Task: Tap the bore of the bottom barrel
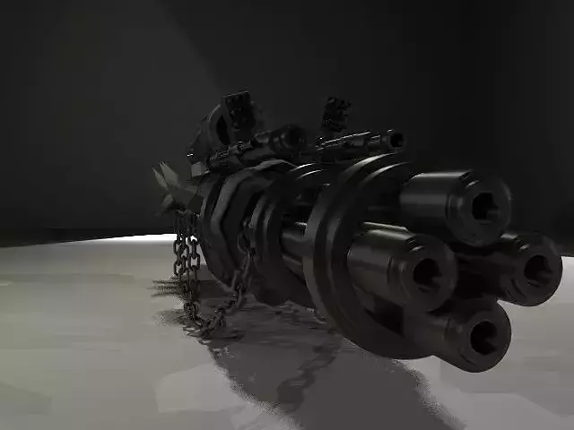click(483, 337)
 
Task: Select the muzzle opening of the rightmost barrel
click(538, 271)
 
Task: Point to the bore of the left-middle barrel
click(424, 271)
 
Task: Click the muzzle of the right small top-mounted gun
click(396, 140)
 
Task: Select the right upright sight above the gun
click(335, 114)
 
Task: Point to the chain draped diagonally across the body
click(243, 269)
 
